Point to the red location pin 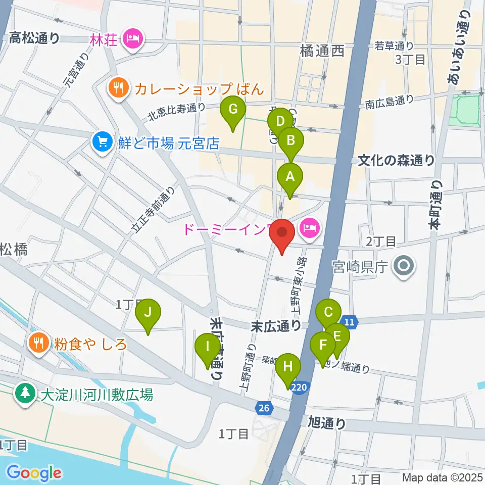click(x=282, y=236)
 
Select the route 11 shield click(x=349, y=321)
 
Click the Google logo click(x=33, y=473)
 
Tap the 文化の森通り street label click(x=396, y=161)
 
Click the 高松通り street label click(x=34, y=37)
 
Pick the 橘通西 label click(x=322, y=51)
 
